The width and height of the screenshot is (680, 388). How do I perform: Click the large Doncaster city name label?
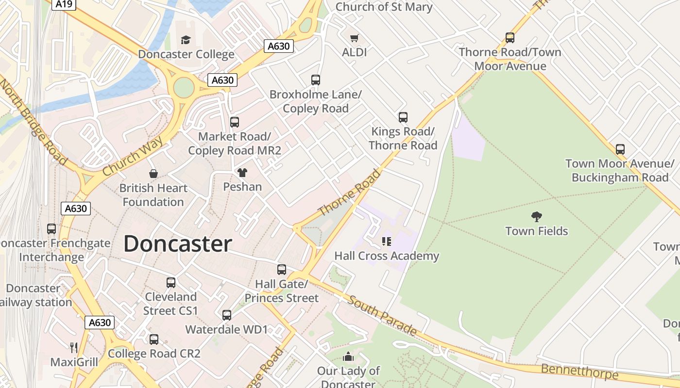[x=177, y=244]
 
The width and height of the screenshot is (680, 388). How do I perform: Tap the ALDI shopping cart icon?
[x=355, y=38]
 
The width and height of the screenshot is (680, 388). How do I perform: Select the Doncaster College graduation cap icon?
[x=186, y=40]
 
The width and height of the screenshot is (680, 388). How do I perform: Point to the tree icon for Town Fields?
[x=537, y=216]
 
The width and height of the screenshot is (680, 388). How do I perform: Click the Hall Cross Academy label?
[x=387, y=256]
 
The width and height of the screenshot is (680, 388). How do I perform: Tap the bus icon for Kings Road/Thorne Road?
[x=403, y=117]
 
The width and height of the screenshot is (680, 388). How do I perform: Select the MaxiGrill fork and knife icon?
[x=74, y=347]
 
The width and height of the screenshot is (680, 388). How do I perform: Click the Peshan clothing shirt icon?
[x=242, y=172]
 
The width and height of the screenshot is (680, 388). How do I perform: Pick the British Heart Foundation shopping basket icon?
[x=153, y=174]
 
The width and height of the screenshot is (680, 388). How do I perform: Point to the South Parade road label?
[x=382, y=316]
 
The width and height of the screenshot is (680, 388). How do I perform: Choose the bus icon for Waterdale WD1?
[x=226, y=315]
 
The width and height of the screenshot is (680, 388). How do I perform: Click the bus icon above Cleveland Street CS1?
[x=170, y=282]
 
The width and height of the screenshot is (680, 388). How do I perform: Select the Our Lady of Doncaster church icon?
[x=348, y=357]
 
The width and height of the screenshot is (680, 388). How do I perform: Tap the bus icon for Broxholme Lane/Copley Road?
[x=316, y=80]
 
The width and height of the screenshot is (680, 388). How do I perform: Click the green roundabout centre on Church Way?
[x=184, y=88]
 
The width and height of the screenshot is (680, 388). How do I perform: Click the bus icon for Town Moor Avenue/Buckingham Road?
[x=620, y=149]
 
